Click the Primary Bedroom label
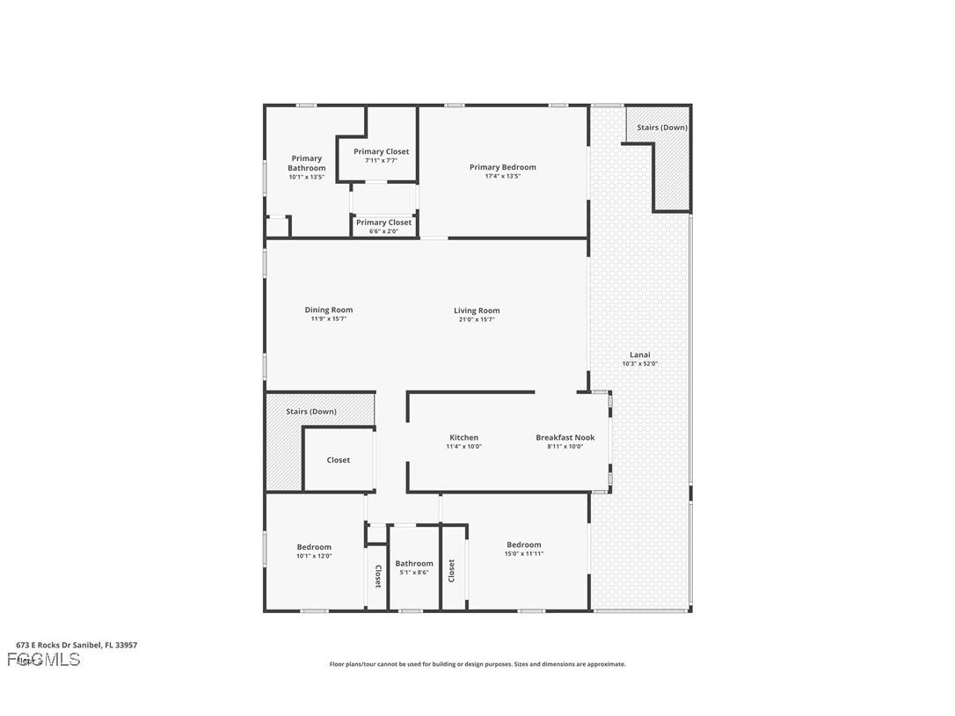(x=502, y=167)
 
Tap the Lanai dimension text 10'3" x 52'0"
(x=639, y=363)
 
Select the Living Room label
(x=477, y=311)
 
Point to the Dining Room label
(x=329, y=310)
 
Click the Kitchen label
(x=463, y=437)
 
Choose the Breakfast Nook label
(x=565, y=437)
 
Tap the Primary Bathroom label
(x=306, y=164)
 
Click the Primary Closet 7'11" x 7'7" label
(x=382, y=152)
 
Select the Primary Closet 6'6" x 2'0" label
(x=383, y=223)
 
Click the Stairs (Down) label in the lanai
(x=662, y=128)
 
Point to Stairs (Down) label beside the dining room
(x=311, y=412)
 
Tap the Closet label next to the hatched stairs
(x=338, y=460)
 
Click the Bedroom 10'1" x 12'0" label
(x=314, y=547)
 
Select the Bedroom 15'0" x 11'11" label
(x=523, y=545)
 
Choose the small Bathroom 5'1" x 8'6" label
(x=413, y=564)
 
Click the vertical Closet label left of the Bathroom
(x=377, y=576)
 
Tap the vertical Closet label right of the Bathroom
(x=452, y=571)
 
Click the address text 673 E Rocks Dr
(x=77, y=645)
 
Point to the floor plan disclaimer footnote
(x=477, y=664)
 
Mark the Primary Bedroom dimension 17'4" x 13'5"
(x=502, y=176)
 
